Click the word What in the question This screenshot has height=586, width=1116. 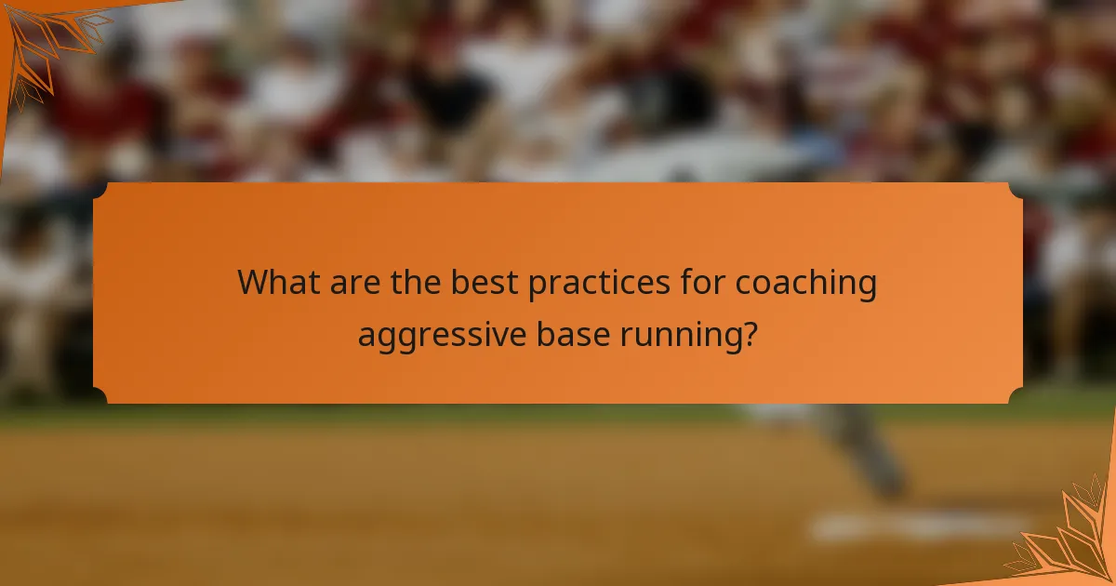click(x=276, y=283)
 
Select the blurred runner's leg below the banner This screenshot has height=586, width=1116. click(x=870, y=451)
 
